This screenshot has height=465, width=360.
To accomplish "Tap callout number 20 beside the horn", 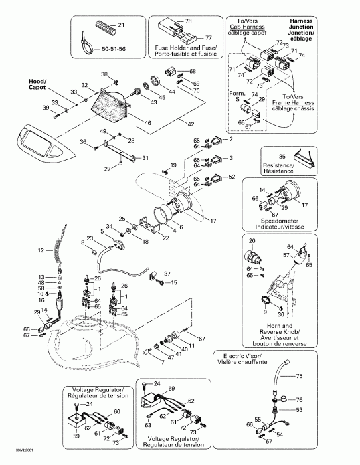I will click(x=252, y=241).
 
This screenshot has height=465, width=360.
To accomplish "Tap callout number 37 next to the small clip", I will click(x=167, y=273).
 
